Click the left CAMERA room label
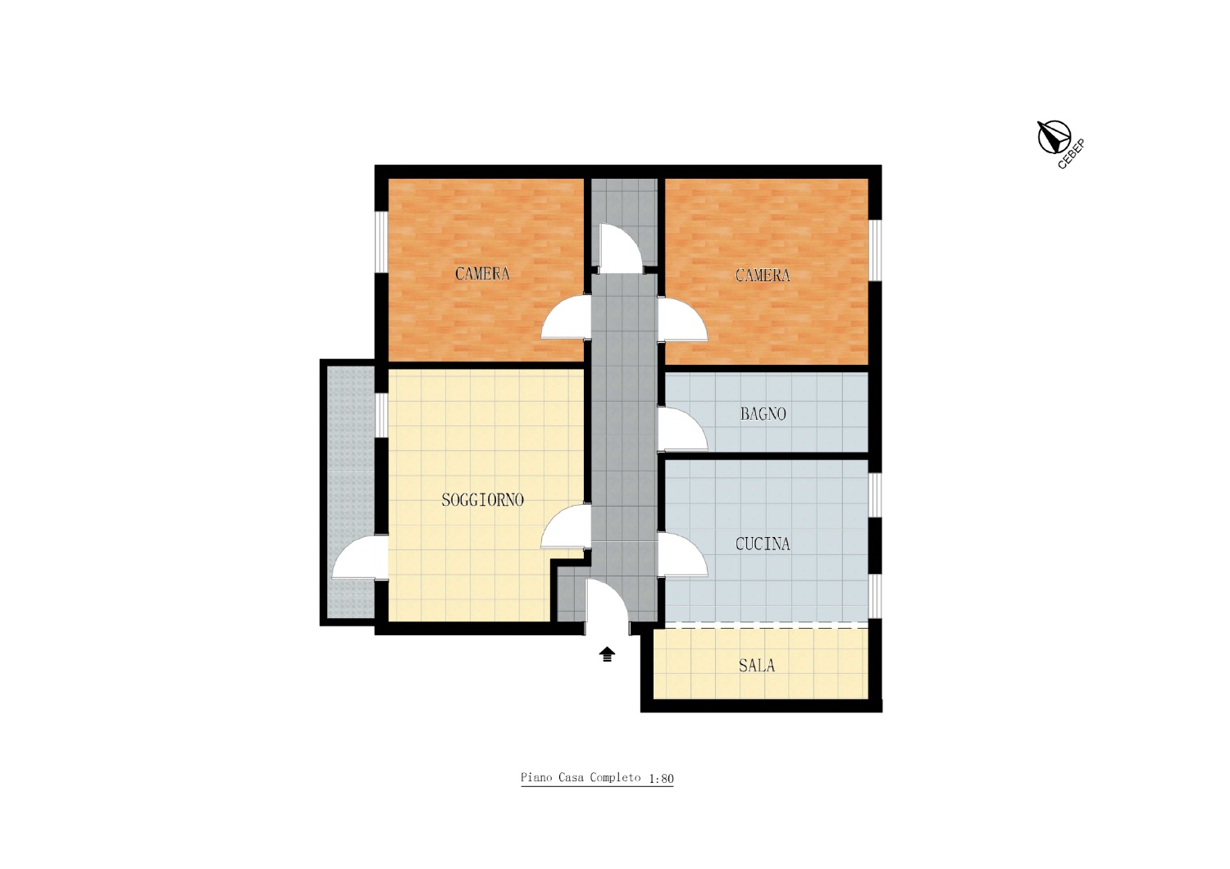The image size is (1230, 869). (482, 273)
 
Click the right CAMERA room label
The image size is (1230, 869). (763, 275)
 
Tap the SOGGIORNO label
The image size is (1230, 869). (483, 499)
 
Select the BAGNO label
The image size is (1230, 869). (763, 414)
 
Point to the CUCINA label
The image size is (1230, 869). (763, 544)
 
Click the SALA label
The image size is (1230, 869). (757, 666)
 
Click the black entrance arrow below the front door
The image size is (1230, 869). (607, 654)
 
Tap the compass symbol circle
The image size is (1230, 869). (1055, 137)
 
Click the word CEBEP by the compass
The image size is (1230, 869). (1071, 154)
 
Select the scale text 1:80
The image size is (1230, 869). (661, 779)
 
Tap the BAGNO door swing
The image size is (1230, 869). (682, 430)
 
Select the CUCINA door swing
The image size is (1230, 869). (682, 554)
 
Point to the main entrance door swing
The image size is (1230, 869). (608, 600)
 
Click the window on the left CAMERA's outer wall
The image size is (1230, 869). (381, 241)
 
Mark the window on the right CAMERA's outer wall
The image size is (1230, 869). (875, 251)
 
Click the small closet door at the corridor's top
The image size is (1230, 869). (621, 248)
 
